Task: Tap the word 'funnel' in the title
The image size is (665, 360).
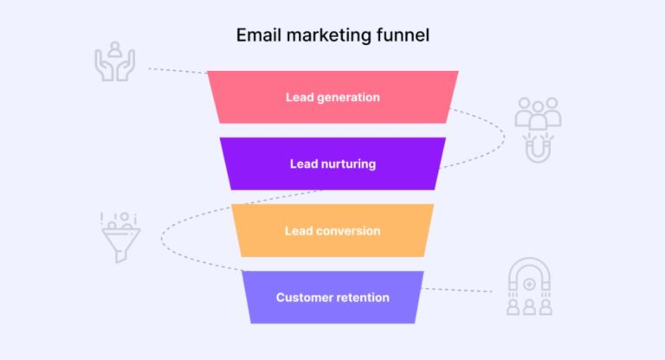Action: click(405, 36)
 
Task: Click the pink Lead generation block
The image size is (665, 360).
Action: click(332, 97)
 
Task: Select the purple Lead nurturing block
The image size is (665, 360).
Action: click(332, 164)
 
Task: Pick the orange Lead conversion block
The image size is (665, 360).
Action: click(332, 230)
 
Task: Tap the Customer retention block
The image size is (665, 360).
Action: click(332, 297)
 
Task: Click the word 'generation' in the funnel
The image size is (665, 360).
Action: click(347, 97)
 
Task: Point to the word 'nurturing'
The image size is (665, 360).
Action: click(347, 164)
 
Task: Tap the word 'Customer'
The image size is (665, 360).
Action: click(303, 298)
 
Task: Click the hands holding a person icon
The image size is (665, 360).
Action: click(114, 61)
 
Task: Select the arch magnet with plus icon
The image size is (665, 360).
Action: click(528, 286)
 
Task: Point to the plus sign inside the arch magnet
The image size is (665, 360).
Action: click(528, 283)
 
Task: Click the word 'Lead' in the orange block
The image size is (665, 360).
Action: click(299, 231)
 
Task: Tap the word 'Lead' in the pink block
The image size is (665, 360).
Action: click(300, 97)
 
